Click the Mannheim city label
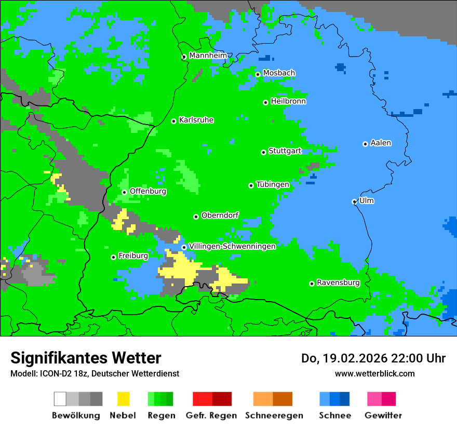coord(208,56)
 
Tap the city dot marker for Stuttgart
coord(263,152)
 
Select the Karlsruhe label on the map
coord(196,120)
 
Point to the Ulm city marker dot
coord(354,201)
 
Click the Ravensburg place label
coord(338,283)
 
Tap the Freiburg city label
coord(133,256)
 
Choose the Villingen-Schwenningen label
coord(232,246)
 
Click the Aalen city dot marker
coord(365,144)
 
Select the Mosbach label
coord(279,73)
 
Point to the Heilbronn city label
coord(288,101)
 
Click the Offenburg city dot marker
coord(124,192)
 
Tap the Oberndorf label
coord(220,216)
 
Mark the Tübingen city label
coord(273,184)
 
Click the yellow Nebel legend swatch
coord(123,399)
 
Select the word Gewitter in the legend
coord(383,415)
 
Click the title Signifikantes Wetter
coord(86,358)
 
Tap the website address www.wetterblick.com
coord(374,373)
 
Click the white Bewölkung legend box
coord(60,399)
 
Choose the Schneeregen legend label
coord(274,415)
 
